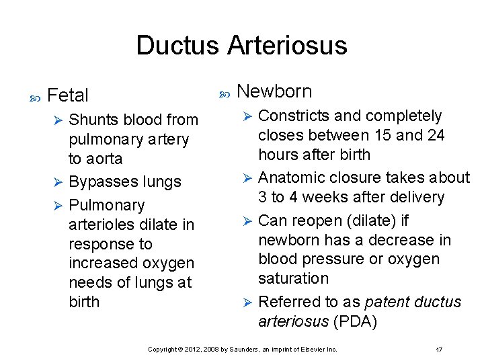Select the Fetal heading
tap(69, 95)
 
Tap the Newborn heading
tap(275, 91)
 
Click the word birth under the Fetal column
tap(84, 302)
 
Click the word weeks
tap(339, 197)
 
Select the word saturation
tap(294, 278)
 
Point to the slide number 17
tap(439, 350)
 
